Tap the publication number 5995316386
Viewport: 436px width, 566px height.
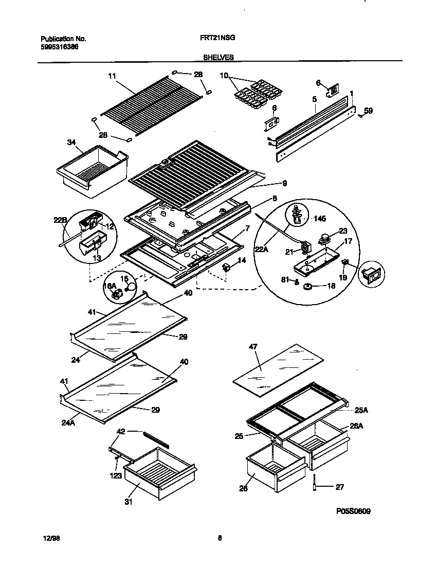click(59, 47)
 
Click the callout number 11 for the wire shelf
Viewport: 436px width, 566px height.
click(112, 76)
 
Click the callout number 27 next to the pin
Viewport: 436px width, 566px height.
click(339, 487)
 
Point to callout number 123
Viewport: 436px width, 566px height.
click(115, 475)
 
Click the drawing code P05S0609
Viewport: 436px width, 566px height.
click(353, 511)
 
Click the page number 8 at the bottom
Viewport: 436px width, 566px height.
click(220, 538)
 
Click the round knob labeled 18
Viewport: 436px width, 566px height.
click(308, 286)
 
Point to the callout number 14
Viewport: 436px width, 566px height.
click(242, 260)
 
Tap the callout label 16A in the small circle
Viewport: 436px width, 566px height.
click(109, 286)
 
